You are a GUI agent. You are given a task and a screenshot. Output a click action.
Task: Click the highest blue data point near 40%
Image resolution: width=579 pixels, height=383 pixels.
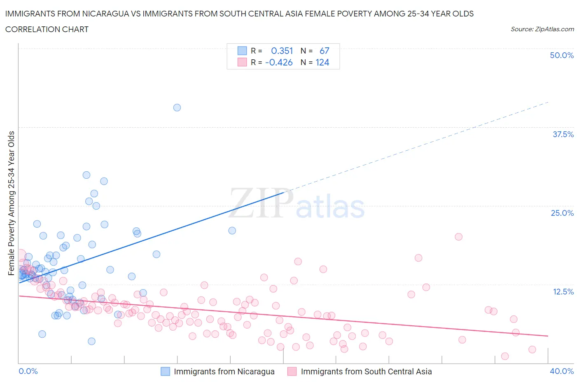coord(177,107)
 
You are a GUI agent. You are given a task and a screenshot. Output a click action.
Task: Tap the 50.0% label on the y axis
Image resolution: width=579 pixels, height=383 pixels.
coord(561,55)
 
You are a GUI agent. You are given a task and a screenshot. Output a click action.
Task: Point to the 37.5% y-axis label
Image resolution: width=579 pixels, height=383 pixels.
coord(563,134)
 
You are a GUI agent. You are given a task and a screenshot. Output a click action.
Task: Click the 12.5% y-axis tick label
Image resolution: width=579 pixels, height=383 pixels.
coord(563,292)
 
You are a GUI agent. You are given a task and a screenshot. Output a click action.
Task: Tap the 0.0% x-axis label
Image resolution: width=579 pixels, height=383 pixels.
coord(28,371)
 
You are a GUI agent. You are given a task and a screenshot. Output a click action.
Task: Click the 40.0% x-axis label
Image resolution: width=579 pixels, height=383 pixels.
coord(561,371)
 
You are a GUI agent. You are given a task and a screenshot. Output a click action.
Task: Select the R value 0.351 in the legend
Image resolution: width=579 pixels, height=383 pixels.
coord(282,51)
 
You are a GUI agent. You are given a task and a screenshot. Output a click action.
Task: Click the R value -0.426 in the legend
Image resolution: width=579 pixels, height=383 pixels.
coord(279,62)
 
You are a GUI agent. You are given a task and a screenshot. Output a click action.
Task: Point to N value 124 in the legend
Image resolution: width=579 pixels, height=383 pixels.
coord(322,62)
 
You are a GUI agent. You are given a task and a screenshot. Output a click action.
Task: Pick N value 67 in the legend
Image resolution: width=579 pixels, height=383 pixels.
coord(324,51)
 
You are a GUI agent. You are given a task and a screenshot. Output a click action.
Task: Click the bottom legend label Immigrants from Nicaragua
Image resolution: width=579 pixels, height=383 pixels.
coord(224,371)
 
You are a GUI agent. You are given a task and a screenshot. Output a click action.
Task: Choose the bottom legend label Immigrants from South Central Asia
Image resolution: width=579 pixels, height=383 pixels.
coord(366,371)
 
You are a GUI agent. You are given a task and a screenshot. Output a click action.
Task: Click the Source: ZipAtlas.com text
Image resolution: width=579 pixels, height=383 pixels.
coord(542,29)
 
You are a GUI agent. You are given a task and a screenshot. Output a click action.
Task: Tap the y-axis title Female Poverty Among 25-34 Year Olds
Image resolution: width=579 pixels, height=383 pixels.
coord(12,203)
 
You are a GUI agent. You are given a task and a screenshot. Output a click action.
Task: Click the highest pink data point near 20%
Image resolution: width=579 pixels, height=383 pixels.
coord(458,237)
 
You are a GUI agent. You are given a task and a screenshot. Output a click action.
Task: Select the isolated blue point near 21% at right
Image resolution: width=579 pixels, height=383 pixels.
coord(232,231)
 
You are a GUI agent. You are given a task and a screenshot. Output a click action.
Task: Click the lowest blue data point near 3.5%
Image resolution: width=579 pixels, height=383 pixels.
coord(91,341)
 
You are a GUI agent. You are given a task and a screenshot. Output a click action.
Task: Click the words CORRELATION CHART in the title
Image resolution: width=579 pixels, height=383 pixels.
coord(47,29)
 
